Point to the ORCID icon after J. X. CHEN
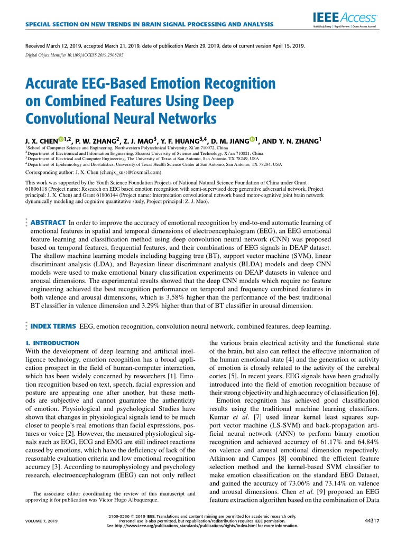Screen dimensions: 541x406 tap(61, 140)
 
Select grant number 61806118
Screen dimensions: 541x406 tap(40, 189)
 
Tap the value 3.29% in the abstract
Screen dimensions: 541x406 tap(143, 305)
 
